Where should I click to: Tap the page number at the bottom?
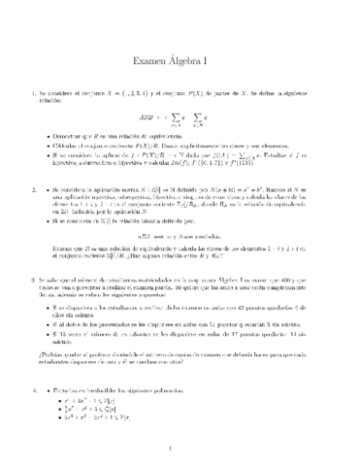click(180, 449)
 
